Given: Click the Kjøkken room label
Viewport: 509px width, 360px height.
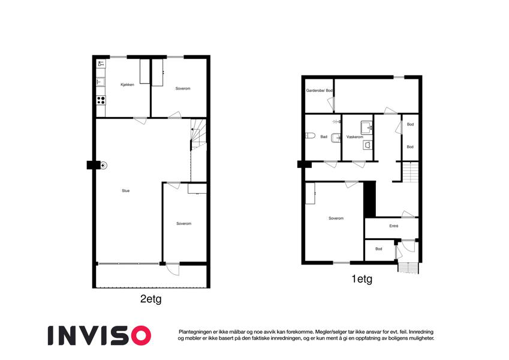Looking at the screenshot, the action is [x=127, y=85].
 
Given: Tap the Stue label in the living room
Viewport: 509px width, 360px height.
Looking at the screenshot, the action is [x=126, y=191].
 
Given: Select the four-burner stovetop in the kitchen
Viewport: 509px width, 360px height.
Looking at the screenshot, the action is [x=101, y=100].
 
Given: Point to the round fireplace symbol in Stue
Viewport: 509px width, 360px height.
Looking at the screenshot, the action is [x=103, y=166].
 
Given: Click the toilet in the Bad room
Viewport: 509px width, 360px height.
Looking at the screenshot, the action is [x=311, y=135].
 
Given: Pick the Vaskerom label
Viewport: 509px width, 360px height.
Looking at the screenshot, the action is [x=355, y=137].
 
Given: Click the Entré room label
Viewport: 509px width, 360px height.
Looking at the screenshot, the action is [x=394, y=226].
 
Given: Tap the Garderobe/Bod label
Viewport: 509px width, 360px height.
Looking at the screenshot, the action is [x=320, y=91].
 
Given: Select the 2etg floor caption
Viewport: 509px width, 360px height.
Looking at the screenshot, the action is [x=150, y=299].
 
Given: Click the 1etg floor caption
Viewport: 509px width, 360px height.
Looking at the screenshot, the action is [x=362, y=279].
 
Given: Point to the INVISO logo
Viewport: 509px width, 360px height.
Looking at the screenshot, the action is [x=100, y=335].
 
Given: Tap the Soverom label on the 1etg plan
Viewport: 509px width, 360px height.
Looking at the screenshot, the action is [x=336, y=218].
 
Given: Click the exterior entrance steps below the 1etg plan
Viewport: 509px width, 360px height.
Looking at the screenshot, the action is [x=408, y=268].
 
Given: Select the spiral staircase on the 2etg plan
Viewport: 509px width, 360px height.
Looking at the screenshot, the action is [x=198, y=134].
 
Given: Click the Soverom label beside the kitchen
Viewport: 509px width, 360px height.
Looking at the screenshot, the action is [x=183, y=88].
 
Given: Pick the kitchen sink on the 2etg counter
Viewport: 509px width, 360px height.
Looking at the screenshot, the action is [x=100, y=82].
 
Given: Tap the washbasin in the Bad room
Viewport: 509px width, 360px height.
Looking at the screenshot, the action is [x=336, y=138].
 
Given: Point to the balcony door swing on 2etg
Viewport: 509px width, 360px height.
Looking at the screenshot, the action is [x=173, y=269].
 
